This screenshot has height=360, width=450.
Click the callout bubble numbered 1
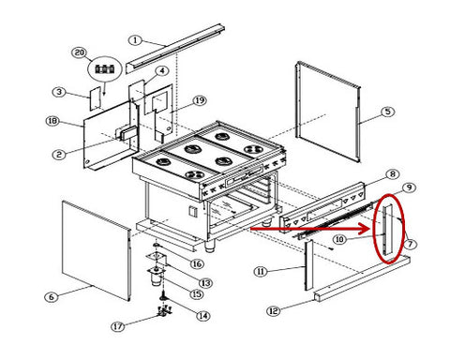[x=135, y=40]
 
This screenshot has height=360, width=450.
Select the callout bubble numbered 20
[x=80, y=52]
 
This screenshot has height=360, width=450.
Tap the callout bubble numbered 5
[x=387, y=112]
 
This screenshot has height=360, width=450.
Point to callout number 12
[x=274, y=311]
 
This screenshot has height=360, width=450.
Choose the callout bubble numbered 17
[x=118, y=326]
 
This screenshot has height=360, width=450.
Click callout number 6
[x=52, y=297]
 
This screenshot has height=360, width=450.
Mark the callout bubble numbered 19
[x=200, y=100]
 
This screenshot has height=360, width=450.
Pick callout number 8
[x=393, y=174]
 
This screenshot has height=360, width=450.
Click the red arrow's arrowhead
[x=365, y=229]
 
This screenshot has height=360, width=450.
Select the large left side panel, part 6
[x=97, y=251]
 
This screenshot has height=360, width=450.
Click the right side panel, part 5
[x=328, y=112]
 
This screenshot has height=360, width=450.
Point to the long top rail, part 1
[x=175, y=48]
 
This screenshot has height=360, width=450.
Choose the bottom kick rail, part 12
[x=362, y=277]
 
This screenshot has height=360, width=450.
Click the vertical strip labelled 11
[x=309, y=265]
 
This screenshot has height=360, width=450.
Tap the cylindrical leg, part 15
[x=156, y=279]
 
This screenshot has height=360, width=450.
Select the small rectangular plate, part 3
[x=96, y=98]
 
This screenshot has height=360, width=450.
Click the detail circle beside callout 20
[x=105, y=69]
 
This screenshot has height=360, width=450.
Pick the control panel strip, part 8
[x=322, y=208]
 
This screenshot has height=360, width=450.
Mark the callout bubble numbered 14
[x=202, y=316]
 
